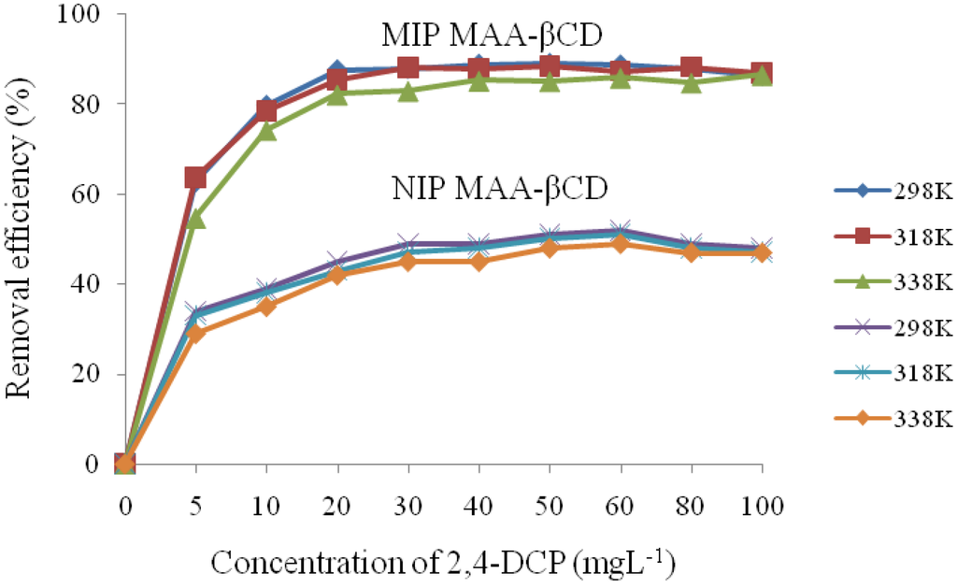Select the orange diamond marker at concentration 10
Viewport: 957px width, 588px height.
[266, 307]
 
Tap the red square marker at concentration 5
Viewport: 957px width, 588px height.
[195, 178]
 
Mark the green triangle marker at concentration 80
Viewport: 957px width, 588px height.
[691, 83]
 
